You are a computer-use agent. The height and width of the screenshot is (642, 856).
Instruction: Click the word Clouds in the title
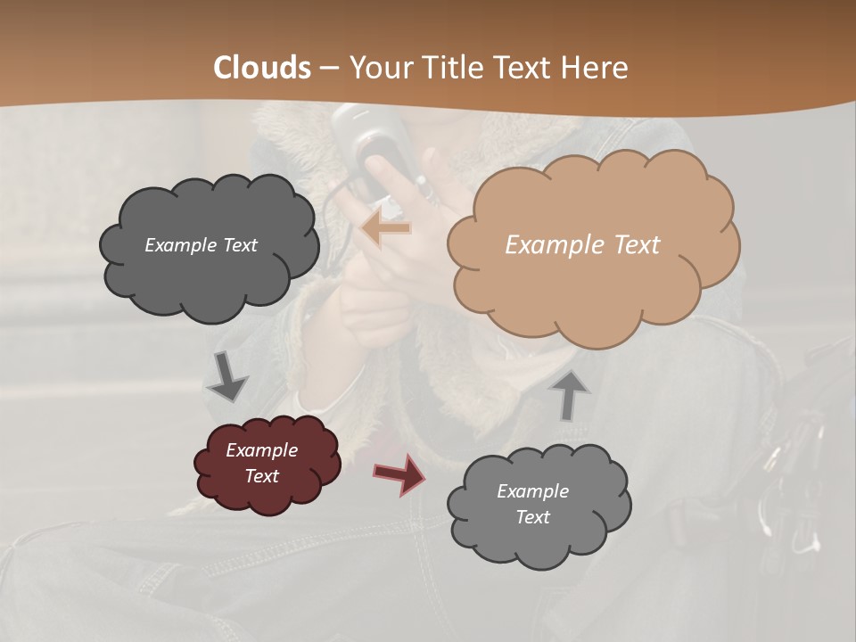click(262, 68)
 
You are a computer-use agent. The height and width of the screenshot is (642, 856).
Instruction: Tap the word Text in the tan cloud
click(638, 245)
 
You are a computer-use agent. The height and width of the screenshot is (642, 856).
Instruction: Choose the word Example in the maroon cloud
click(261, 450)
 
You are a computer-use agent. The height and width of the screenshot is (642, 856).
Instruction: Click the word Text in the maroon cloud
click(261, 476)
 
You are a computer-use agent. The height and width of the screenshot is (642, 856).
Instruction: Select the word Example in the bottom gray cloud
click(532, 491)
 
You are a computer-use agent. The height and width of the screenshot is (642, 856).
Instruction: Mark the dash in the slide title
click(330, 68)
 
